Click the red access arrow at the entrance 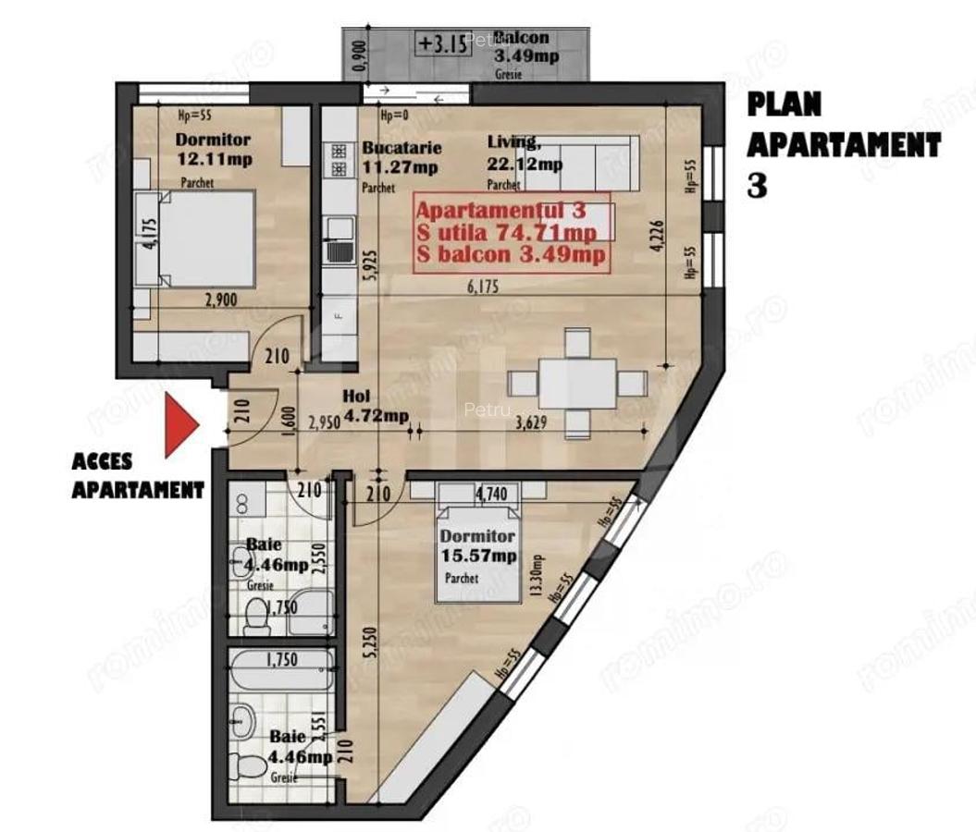click(180, 424)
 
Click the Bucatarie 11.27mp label click(401, 157)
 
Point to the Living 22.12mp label click(524, 153)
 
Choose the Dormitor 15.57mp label click(477, 546)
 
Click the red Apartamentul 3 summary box click(511, 232)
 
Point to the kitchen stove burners click(338, 160)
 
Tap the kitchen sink click(339, 239)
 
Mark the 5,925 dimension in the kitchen click(369, 272)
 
